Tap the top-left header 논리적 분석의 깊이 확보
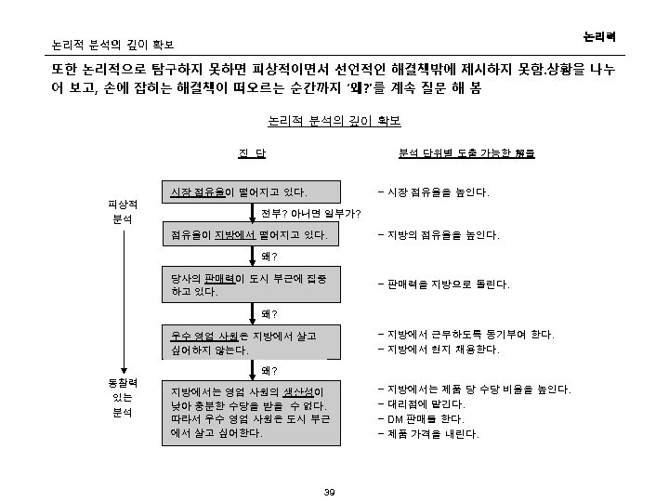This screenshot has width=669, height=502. pos(112,44)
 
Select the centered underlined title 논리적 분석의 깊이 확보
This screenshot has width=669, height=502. pos(334,121)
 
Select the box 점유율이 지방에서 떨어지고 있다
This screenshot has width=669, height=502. pos(249,235)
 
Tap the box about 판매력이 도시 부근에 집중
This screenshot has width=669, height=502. pos(249,284)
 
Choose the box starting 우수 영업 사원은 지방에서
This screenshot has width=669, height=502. pos(249,342)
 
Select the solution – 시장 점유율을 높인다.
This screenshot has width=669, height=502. pos(433,192)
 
